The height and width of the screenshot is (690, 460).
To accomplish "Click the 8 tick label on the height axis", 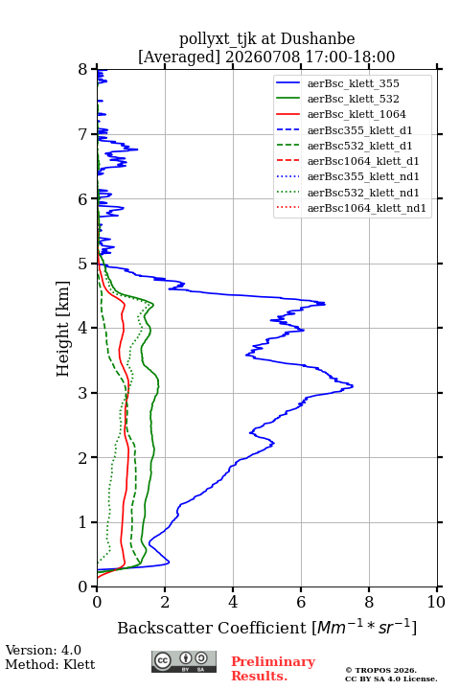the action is (83, 70).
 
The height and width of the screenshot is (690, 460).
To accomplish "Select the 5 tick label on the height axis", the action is (83, 264).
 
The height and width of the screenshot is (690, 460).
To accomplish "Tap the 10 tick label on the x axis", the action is (436, 602).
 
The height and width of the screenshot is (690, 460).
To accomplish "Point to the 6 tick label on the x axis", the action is (301, 602).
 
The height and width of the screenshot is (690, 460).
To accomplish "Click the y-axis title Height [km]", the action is (63, 329).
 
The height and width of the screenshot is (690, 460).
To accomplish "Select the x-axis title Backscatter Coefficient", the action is (212, 628).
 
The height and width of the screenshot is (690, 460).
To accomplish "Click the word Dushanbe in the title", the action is (317, 39).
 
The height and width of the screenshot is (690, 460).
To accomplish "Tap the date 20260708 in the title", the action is (263, 57).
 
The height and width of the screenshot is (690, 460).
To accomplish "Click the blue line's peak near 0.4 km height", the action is (169, 562).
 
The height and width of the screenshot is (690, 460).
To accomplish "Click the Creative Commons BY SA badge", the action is (184, 661).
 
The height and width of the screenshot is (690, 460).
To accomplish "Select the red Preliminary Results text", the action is (273, 669).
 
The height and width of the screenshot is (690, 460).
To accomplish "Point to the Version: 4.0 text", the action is (43, 651).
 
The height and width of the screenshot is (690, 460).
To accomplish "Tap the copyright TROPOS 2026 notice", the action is (381, 671).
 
